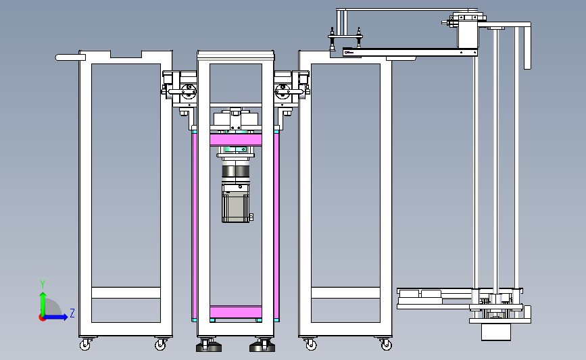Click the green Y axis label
pos(42,284)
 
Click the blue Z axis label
pos(72,313)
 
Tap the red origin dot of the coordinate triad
pos(42,318)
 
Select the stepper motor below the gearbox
pos(236,203)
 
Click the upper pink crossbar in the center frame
pos(235,140)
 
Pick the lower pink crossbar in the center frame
pos(235,311)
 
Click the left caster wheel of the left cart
pos(85,344)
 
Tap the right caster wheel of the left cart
pos(161,344)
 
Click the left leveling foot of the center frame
pos(209,345)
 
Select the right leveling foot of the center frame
pos(262,345)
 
